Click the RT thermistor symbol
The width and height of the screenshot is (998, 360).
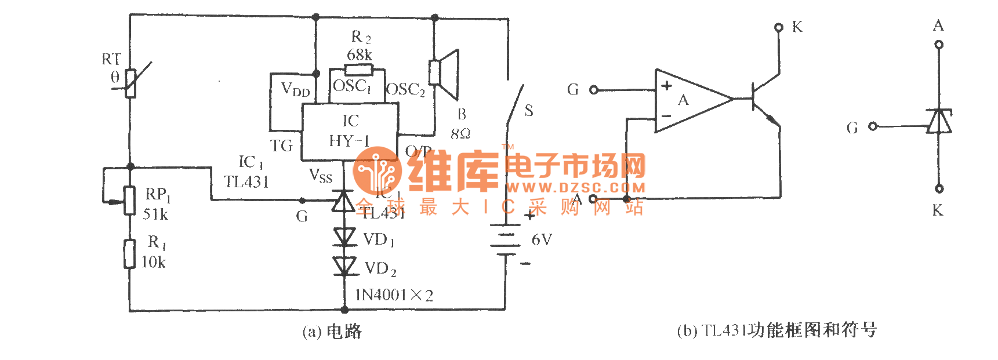131,83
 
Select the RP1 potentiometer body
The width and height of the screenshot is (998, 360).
130,200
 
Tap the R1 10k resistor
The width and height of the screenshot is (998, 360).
130,254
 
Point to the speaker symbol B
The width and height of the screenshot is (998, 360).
445,74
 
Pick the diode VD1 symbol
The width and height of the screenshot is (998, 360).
345,237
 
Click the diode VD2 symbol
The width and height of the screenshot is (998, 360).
345,266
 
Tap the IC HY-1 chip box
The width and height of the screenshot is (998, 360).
350,132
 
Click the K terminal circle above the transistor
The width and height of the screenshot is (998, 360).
779,27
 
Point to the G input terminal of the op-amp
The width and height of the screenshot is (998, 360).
594,90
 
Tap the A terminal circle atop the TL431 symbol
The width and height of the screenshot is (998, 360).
939,45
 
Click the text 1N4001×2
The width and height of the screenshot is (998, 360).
394,295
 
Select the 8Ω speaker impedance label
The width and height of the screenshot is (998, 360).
460,134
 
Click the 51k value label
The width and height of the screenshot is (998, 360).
155,214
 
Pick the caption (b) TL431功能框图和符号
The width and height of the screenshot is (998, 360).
776,330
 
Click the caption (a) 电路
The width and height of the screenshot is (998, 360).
332,332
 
